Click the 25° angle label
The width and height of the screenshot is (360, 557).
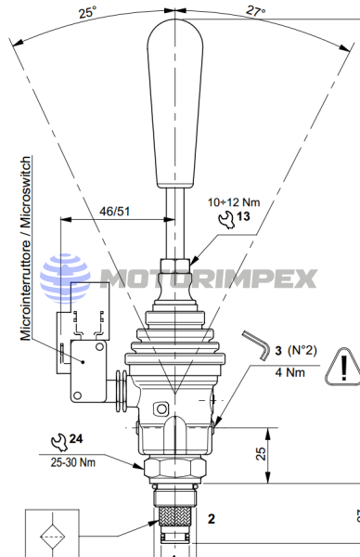click(x=87, y=12)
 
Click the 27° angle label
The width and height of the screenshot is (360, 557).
click(x=256, y=10)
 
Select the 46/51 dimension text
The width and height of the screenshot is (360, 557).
click(x=114, y=212)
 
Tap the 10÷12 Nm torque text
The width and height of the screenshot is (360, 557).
click(x=234, y=202)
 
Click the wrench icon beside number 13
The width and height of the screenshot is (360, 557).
click(x=226, y=219)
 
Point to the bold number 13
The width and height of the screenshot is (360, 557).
click(x=243, y=216)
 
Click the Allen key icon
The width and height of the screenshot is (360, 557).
click(x=256, y=345)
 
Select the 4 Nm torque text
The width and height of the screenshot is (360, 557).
click(x=289, y=372)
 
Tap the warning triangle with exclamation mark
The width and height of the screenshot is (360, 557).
click(x=343, y=367)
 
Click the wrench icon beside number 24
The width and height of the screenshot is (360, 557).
click(x=59, y=442)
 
